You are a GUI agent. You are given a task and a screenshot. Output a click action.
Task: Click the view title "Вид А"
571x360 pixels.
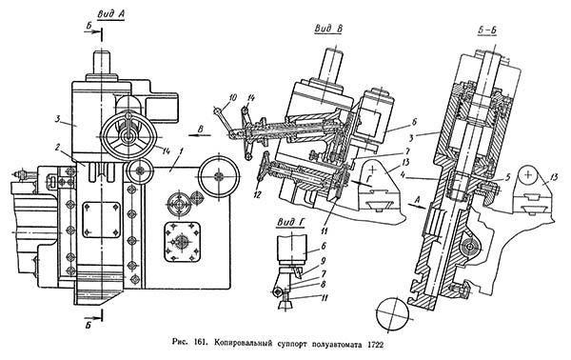pos(110,14)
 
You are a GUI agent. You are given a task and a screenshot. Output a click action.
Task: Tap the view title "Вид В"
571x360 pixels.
pos(328,29)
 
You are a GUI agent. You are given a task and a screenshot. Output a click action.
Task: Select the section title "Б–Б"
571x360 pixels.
pos(487,31)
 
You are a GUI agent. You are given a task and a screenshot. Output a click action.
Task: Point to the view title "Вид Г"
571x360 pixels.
pos(290,222)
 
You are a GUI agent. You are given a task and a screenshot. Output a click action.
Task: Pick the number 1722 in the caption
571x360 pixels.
pos(376,344)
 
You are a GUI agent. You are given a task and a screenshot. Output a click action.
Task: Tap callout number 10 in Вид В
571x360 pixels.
pos(233,97)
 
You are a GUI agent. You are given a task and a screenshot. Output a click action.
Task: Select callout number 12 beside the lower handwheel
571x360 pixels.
pos(258,195)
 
